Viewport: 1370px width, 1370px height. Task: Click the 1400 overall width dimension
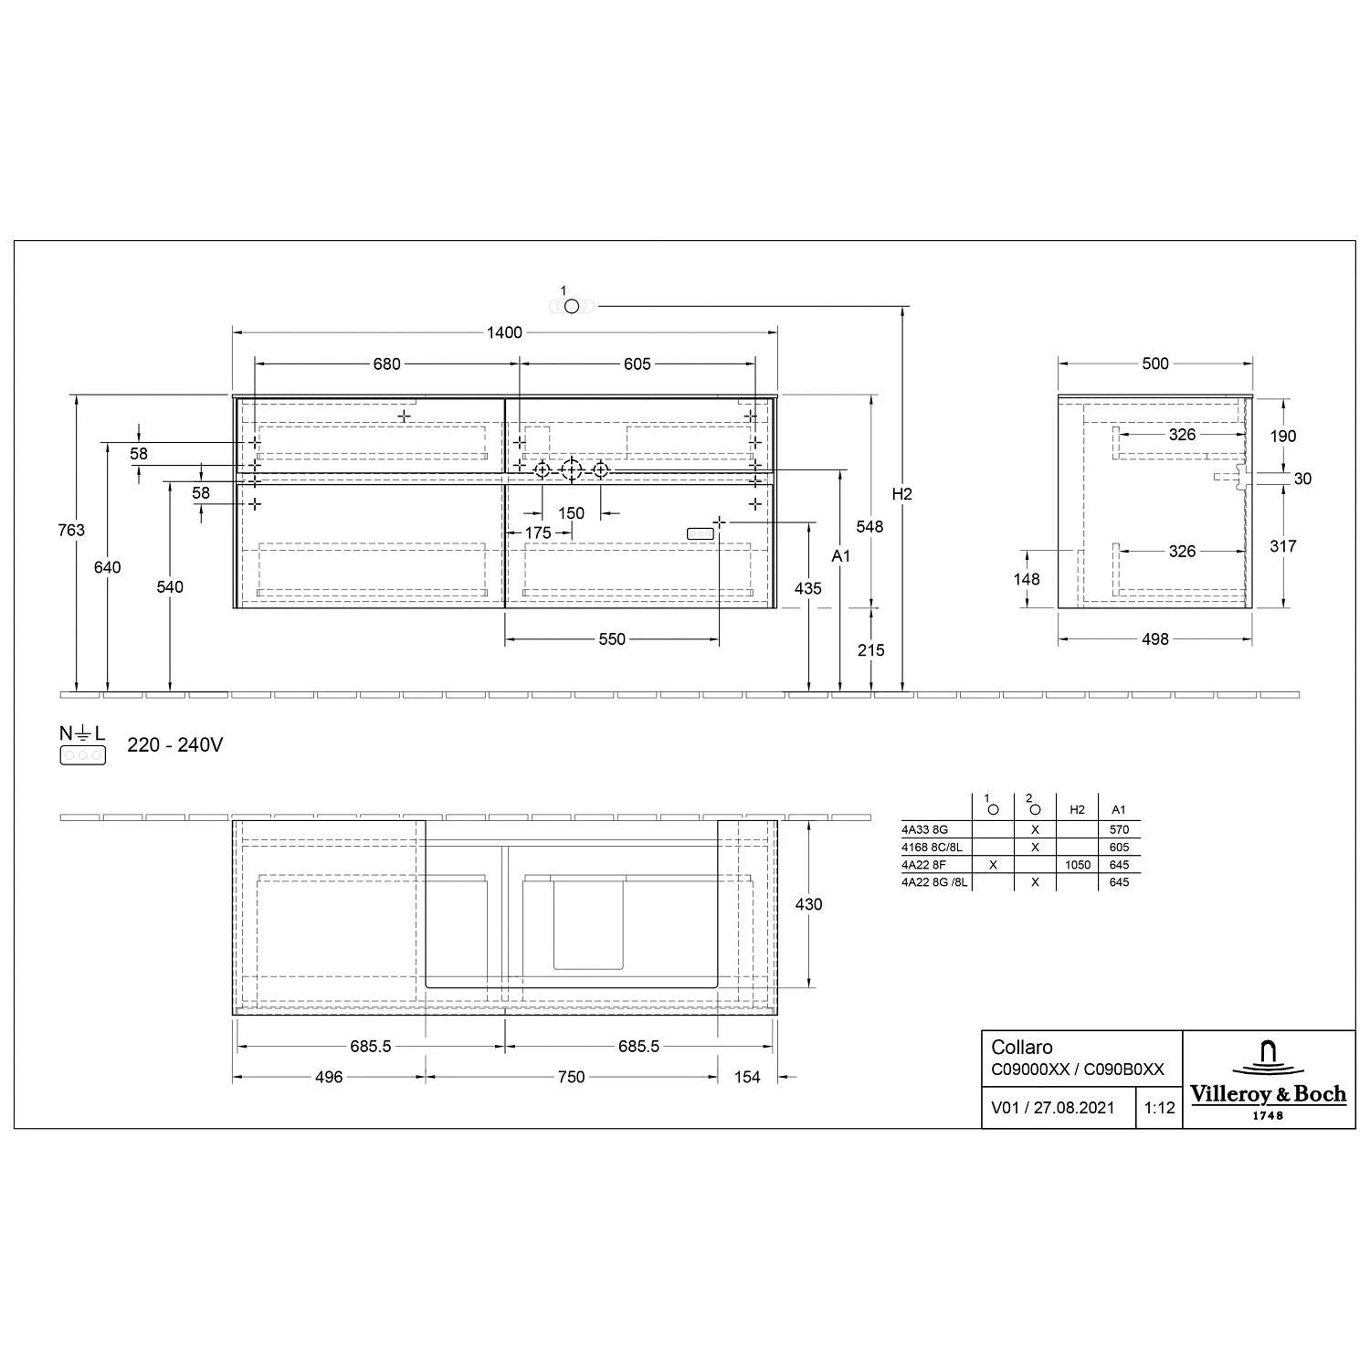[504, 332]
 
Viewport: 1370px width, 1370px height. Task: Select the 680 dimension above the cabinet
[386, 364]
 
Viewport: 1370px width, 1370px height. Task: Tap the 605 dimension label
[637, 364]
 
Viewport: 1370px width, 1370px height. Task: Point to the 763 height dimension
[70, 530]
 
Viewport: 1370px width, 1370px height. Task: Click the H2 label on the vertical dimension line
[901, 494]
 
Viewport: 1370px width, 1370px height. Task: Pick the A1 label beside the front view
[840, 555]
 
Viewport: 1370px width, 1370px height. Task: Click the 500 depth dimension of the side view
[1154, 364]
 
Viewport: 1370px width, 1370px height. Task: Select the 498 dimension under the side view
[1154, 639]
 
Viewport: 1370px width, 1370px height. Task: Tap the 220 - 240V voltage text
[174, 745]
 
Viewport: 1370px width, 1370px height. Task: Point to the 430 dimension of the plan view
[808, 904]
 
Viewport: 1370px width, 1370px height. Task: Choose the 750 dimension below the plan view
[571, 1078]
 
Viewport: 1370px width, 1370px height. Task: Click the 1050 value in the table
[1078, 865]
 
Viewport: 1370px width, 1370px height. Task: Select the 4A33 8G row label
[925, 830]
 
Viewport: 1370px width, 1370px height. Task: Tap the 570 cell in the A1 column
[1119, 830]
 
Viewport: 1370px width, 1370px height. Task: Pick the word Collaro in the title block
[1022, 1048]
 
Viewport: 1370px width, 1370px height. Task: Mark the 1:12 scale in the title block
[1159, 1108]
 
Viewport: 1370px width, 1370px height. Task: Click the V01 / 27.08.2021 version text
[1053, 1108]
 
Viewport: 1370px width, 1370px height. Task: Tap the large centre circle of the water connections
[571, 470]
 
